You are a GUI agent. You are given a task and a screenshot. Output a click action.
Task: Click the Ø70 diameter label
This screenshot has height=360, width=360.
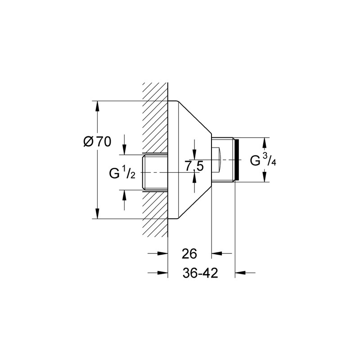(x=97, y=142)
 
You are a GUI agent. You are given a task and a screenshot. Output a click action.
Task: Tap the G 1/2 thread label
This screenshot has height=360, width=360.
(x=122, y=173)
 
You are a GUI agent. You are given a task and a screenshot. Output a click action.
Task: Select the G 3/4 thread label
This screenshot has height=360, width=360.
(x=263, y=160)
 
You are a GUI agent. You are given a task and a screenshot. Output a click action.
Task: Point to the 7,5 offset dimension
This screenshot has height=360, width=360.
(x=194, y=166)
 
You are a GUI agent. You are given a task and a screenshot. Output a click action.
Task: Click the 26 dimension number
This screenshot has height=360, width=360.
(x=189, y=254)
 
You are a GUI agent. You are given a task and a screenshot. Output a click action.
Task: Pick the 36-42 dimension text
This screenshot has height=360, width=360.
(x=200, y=273)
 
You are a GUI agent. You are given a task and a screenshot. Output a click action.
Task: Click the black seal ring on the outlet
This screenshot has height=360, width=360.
(x=237, y=160)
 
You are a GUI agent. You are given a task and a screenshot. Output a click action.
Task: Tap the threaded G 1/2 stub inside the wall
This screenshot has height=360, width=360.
(x=155, y=172)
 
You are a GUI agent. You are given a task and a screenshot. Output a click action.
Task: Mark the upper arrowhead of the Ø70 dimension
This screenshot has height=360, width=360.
(x=98, y=106)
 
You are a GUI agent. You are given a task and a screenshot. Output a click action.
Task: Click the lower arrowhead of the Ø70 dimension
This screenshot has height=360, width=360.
(x=98, y=213)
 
